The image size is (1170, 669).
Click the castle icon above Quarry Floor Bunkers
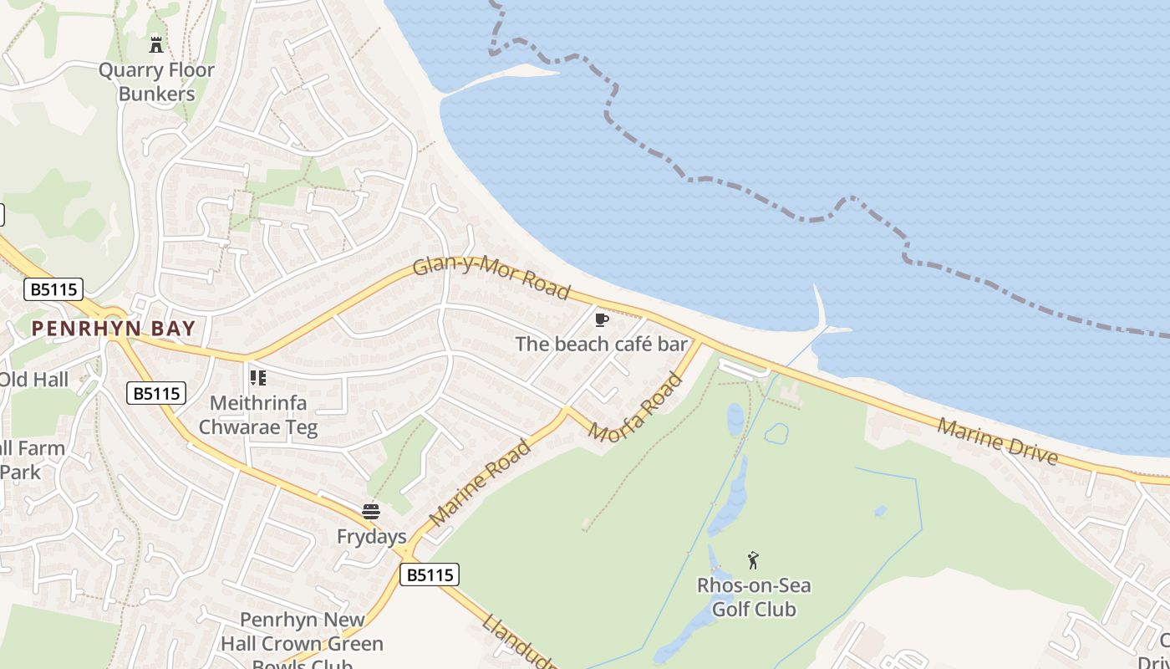point(156,43)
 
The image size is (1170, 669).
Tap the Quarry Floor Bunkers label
point(156,82)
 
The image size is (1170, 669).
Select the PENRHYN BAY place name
point(114,329)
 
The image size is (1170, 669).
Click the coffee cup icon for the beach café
point(602,319)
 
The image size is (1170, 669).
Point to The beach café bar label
point(601,344)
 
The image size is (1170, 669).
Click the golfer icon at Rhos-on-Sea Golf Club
point(753,560)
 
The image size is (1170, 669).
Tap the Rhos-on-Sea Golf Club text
point(754,597)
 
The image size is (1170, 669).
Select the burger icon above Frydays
point(371,512)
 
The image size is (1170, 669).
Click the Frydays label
point(371,537)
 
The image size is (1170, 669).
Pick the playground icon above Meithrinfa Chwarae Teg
point(258,378)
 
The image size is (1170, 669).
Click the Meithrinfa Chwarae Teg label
point(258,416)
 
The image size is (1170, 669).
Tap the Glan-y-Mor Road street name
point(491,278)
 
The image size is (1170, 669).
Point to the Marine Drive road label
point(997,442)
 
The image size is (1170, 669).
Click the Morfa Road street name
point(635,410)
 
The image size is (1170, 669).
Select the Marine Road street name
point(480,483)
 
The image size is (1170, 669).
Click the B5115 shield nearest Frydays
point(430,575)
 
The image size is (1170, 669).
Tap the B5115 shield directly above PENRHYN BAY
point(54,290)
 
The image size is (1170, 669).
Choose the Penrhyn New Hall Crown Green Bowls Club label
point(302,643)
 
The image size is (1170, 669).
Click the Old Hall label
point(33,380)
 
